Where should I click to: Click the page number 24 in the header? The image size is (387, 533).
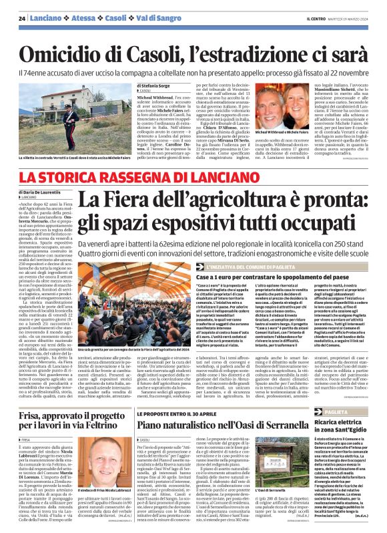tap(22, 18)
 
